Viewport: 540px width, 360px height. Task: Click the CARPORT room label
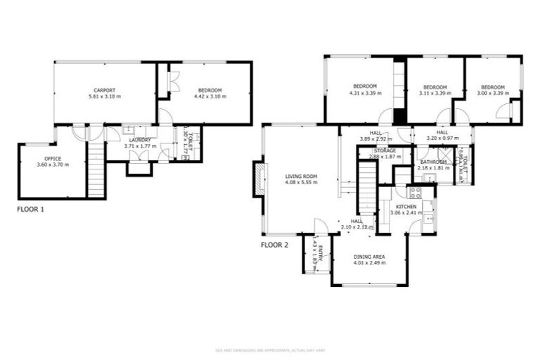point(105,90)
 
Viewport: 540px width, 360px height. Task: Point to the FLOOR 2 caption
point(275,245)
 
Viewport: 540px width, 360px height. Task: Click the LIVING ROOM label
point(301,176)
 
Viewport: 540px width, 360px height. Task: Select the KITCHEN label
point(406,206)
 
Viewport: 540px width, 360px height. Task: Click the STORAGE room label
point(385,150)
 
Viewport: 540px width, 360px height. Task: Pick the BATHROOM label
point(434,162)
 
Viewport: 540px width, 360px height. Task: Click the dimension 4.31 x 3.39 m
point(365,93)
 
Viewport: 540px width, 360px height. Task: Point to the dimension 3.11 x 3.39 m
point(435,93)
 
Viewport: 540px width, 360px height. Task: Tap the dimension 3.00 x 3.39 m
point(493,93)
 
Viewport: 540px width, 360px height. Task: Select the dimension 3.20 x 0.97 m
point(442,139)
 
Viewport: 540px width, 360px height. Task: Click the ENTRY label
point(320,253)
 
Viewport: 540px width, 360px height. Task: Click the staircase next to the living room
point(367,186)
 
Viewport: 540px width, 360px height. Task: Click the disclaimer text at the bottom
point(269,349)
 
